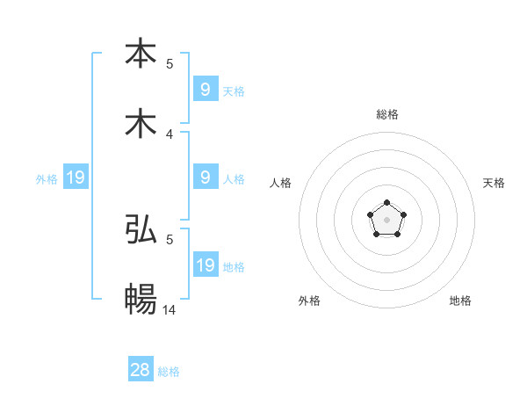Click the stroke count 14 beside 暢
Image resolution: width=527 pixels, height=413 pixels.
coord(170,309)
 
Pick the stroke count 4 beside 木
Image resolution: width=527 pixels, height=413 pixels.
coord(170,134)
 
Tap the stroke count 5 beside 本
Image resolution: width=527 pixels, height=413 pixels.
coord(170,63)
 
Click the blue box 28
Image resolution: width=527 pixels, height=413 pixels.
coord(141,370)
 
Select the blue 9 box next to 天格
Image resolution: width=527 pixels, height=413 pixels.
coord(206,89)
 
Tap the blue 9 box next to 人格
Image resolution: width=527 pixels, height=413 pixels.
coord(206,178)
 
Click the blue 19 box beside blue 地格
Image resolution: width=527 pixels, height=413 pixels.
coord(206,265)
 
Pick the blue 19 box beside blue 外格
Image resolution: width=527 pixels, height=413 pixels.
coord(76,178)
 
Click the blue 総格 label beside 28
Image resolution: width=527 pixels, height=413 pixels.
coord(169,372)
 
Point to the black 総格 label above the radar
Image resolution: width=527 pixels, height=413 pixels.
coord(387,114)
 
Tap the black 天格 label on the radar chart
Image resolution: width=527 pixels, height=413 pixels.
coord(494,183)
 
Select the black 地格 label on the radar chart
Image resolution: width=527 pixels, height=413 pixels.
coord(460,301)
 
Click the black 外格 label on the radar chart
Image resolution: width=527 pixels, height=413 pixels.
coord(309,301)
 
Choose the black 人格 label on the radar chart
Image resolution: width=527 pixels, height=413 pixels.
coord(280,183)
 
